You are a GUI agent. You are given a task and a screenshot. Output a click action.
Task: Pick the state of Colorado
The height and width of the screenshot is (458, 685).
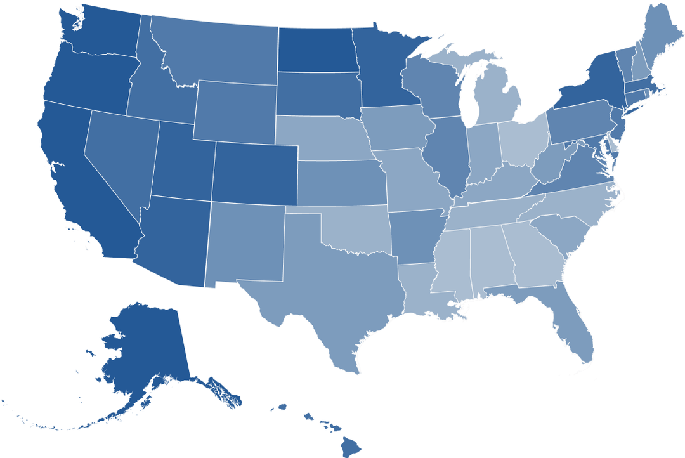coord(254,173)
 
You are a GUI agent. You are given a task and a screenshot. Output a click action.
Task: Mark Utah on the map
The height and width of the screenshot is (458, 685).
coord(184,165)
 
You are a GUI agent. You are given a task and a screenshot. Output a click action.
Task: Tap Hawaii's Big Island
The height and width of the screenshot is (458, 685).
coord(351,447)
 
